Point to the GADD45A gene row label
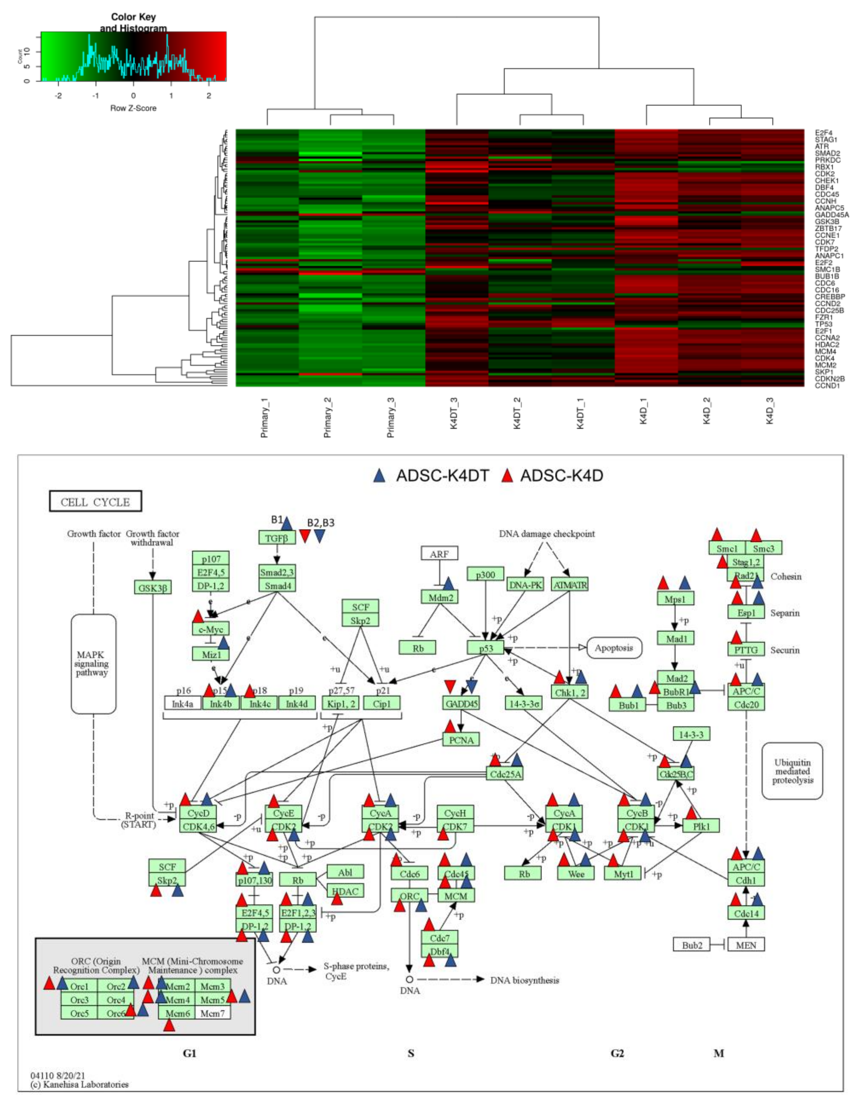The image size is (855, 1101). point(832,215)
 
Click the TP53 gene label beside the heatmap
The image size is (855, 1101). point(824,324)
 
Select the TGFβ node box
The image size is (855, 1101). point(276,538)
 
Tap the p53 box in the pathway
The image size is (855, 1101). point(485,648)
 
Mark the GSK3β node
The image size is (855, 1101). point(152,587)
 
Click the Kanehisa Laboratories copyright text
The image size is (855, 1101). point(80,1084)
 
